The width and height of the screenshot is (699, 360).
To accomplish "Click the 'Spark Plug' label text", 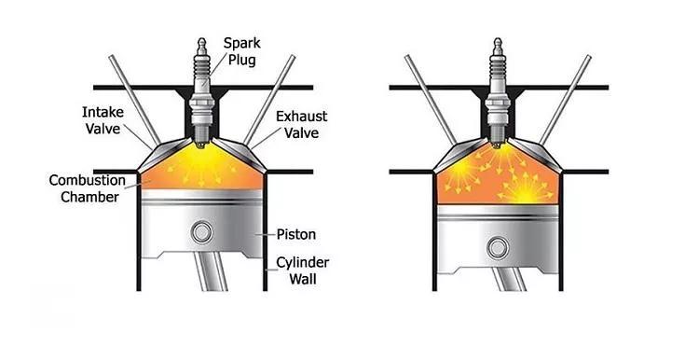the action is click(x=242, y=51).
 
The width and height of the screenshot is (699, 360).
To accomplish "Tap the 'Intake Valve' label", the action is click(x=103, y=120).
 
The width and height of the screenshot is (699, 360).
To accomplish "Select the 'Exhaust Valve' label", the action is click(x=301, y=124).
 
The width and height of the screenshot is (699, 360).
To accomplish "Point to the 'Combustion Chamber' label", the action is click(x=88, y=188).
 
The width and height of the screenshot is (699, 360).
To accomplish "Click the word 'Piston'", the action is click(x=296, y=234).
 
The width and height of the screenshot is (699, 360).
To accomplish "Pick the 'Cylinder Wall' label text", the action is click(x=303, y=270).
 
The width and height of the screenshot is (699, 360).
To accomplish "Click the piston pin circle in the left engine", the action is click(x=201, y=232).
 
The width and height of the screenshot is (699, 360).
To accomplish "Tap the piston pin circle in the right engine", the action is click(x=498, y=248).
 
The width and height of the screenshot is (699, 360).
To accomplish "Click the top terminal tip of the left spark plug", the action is click(x=202, y=40).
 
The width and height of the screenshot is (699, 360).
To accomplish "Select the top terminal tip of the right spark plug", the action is click(x=498, y=40).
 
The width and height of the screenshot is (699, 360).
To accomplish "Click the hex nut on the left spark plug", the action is click(x=202, y=104).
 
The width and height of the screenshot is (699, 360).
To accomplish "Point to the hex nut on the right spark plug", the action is click(x=498, y=104).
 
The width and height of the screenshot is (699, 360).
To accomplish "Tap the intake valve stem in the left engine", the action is click(x=134, y=100).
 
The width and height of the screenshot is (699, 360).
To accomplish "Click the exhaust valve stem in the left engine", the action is click(x=269, y=100).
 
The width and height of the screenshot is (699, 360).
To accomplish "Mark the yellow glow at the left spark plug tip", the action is click(x=202, y=154).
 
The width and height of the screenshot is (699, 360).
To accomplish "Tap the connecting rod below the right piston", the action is click(x=509, y=279).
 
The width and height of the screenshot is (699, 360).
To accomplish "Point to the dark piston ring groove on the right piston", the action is click(x=498, y=217).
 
